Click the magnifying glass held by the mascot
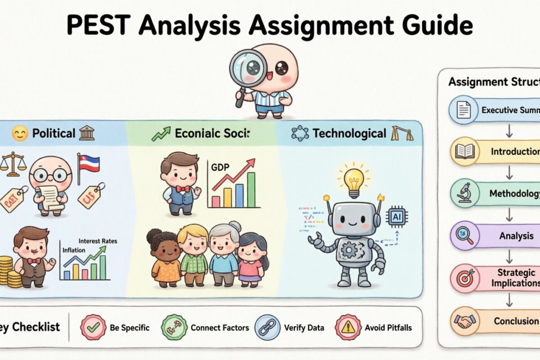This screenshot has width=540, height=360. coord(248,68)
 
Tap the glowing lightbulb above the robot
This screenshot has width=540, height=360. coord(354,178)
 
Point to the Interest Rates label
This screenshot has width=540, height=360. coord(98,241)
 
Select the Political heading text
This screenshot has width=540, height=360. coord(54,133)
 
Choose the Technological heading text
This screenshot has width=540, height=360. coord(349,133)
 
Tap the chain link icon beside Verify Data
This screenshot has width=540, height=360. coord(266,327)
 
